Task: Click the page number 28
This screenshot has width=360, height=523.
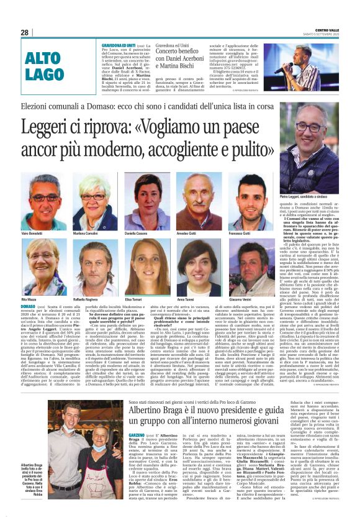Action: [24, 32]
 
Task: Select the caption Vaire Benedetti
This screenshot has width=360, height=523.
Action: [32, 232]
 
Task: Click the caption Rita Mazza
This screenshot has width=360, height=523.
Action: [28, 298]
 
